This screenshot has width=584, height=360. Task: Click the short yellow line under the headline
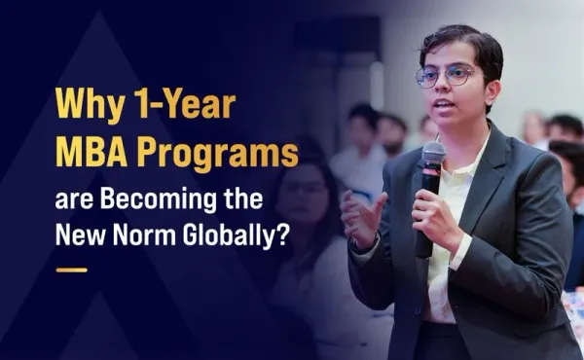72,270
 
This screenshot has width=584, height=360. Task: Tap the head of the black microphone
434,157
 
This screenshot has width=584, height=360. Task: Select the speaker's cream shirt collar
473,161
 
